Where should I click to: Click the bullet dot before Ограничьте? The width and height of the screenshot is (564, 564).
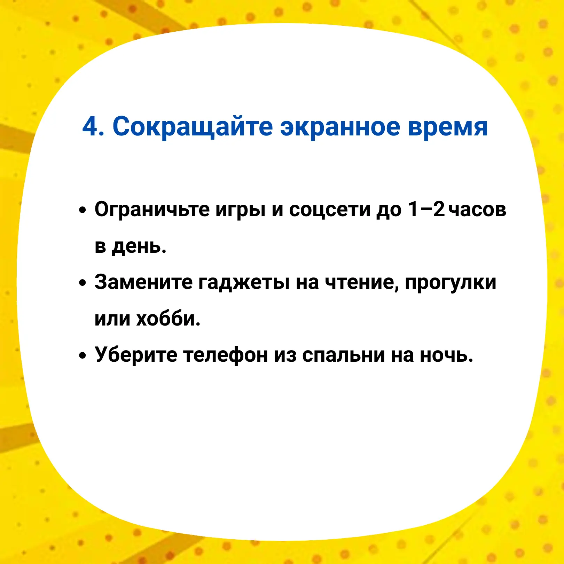[x=82, y=210]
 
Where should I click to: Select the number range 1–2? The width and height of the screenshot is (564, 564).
[x=426, y=209]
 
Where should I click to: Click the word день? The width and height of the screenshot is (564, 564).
[x=139, y=248]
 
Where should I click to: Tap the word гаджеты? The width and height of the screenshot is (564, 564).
[x=244, y=283]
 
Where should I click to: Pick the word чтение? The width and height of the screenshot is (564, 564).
[x=362, y=283]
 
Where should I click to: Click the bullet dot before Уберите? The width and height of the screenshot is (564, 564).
[x=82, y=355]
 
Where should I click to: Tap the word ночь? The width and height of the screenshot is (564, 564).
[x=446, y=355]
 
